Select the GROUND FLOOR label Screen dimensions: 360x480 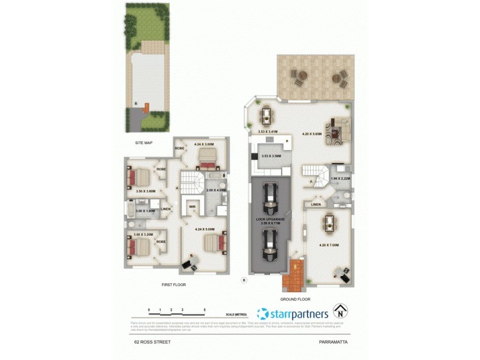(x=295, y=298)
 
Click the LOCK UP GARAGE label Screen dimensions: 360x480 (x=271, y=221)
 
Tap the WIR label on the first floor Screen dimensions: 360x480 (x=192, y=207)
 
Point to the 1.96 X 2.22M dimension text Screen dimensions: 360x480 (x=340, y=178)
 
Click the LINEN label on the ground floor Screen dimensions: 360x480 (x=316, y=204)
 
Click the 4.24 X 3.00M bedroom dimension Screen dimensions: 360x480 (x=205, y=144)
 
